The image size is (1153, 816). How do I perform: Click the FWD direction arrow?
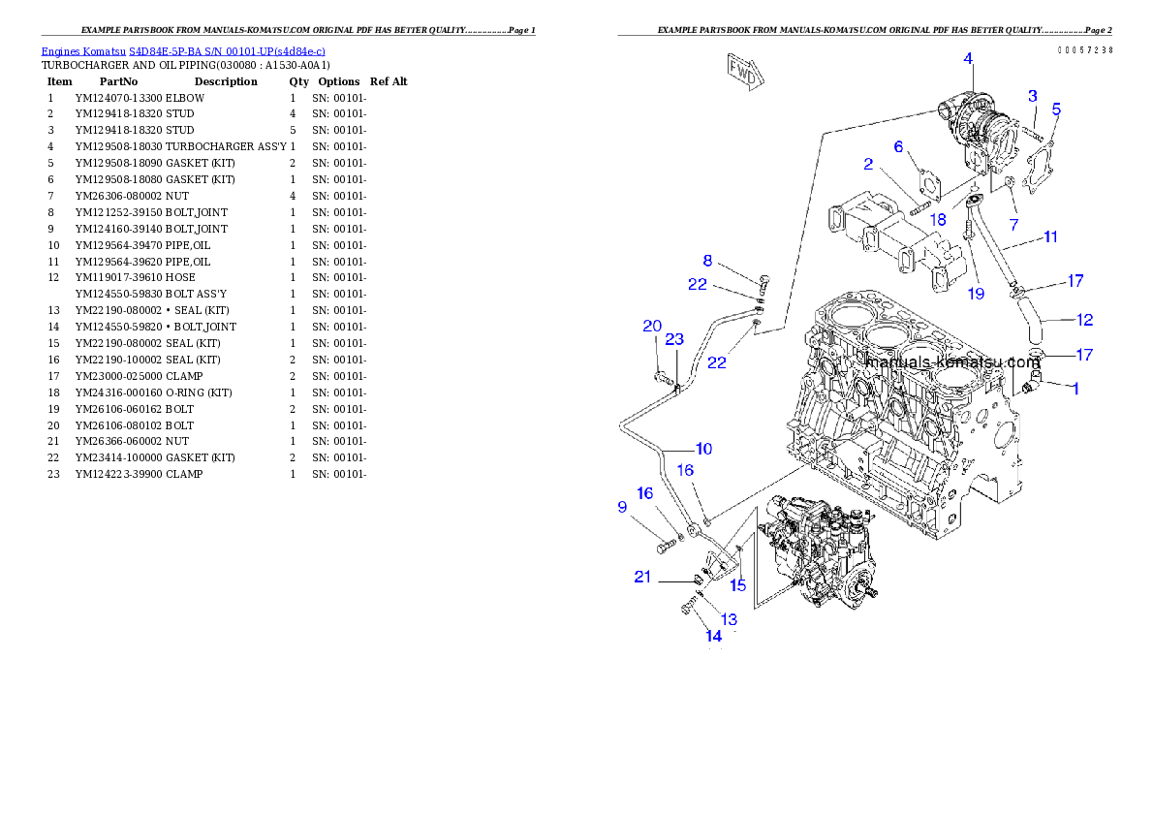[743, 72]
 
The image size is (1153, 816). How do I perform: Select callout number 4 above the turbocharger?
[967, 59]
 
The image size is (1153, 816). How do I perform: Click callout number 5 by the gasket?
[1056, 109]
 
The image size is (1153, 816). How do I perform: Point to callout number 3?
[1033, 96]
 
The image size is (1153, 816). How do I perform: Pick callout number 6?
[898, 146]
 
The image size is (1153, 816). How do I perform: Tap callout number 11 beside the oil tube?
[1049, 236]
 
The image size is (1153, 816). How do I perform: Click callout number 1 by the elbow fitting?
[1074, 388]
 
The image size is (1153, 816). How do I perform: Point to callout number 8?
[707, 260]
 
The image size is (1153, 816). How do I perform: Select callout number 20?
[652, 326]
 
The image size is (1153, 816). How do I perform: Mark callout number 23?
[674, 339]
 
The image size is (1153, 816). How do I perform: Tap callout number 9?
[622, 506]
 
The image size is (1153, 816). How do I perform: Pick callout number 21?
[642, 577]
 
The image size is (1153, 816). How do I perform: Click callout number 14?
[713, 636]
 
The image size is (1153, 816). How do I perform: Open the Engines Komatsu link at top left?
[183, 50]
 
